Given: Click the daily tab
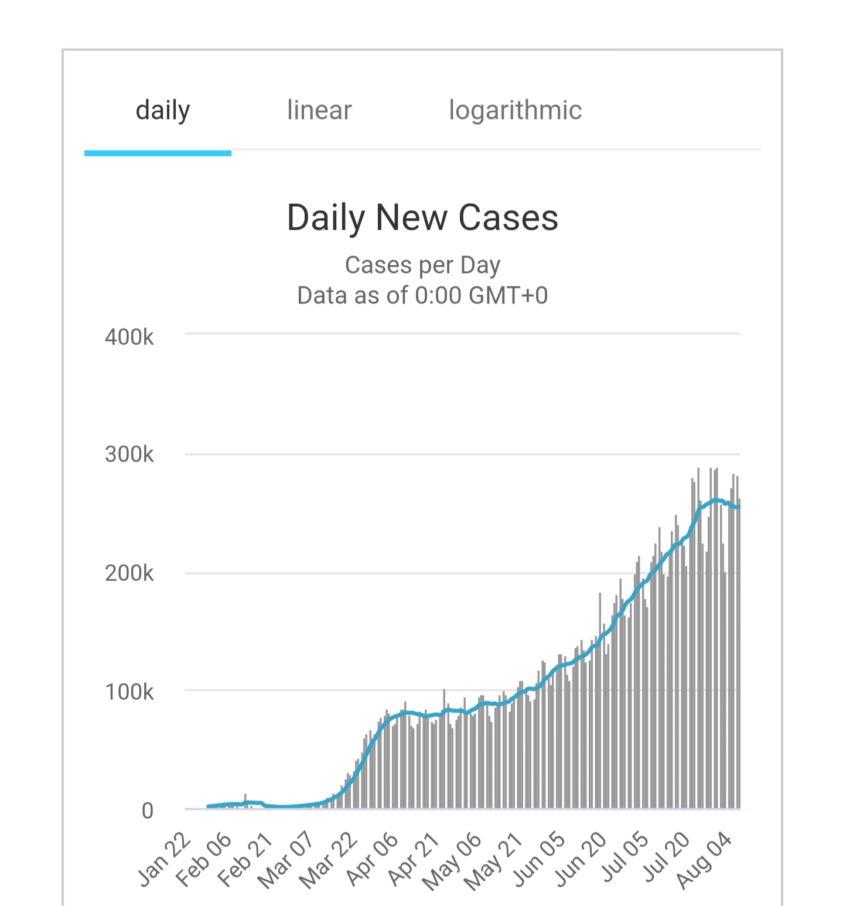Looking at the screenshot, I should [x=163, y=110].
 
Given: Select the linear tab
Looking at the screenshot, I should [x=319, y=110].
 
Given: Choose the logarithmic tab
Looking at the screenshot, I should [x=515, y=110].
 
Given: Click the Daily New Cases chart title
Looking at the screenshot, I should [x=422, y=218].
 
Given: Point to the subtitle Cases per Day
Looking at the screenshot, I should [x=422, y=265].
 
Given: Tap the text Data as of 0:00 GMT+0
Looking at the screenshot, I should [x=422, y=295].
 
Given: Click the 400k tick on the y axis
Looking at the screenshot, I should [x=129, y=337].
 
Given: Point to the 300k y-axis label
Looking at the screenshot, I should [x=129, y=454].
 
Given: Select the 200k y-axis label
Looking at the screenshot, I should [x=129, y=573].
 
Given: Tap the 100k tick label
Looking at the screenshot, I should [x=129, y=692].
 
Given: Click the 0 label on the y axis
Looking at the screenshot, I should [x=147, y=811].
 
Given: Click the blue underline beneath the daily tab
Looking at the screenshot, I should [x=158, y=153].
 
